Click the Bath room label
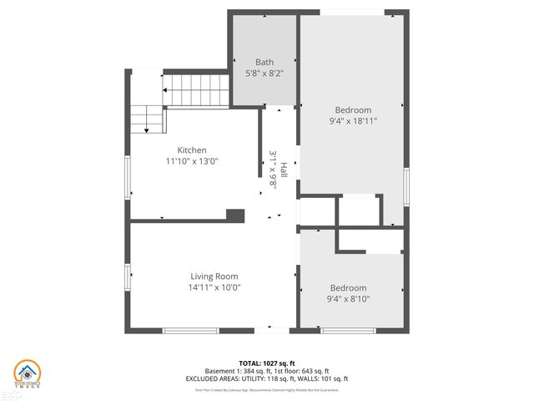pos(264,62)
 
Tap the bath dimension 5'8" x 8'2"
pos(264,73)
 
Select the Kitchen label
pos(191,150)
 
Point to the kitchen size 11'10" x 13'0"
pos(191,162)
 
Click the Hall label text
pos(284,170)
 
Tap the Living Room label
pos(214,277)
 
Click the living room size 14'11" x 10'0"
pos(214,287)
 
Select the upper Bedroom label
pos(353,109)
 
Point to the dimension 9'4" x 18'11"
pos(353,121)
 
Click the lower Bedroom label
pos(348,288)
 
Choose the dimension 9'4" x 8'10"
pos(348,299)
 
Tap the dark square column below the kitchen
pos(236,216)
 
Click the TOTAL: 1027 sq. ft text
pos(267,363)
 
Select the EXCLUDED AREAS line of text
pos(267,378)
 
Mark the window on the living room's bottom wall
pos(191,331)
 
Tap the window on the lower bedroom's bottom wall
pos(348,331)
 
